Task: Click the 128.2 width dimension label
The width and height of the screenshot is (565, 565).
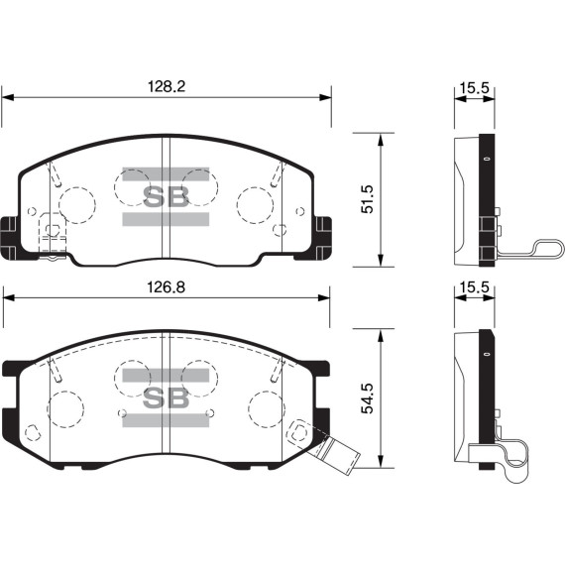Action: tap(167, 87)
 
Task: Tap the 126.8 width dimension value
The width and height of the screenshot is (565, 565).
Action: tap(167, 287)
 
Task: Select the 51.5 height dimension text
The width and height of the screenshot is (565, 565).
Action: tap(368, 199)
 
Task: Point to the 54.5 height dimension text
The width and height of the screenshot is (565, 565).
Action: tap(368, 398)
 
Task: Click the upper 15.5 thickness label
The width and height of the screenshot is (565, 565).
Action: tap(474, 87)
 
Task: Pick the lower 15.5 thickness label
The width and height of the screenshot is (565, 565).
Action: tap(474, 287)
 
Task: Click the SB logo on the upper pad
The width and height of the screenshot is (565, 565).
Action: tap(166, 196)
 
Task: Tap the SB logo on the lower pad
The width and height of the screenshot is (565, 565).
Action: tap(166, 397)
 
